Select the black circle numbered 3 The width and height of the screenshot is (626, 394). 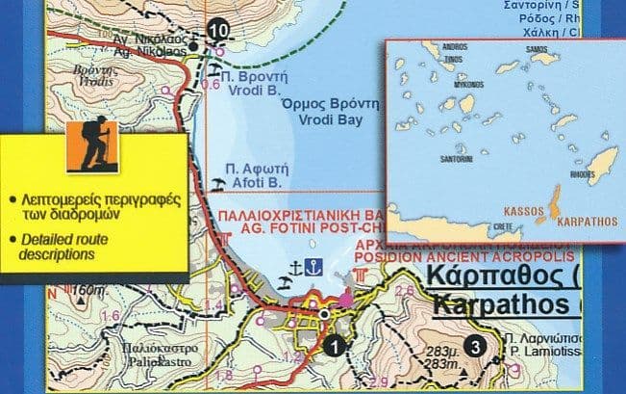click(473, 347)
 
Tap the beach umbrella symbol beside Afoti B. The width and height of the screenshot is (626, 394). click(218, 179)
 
